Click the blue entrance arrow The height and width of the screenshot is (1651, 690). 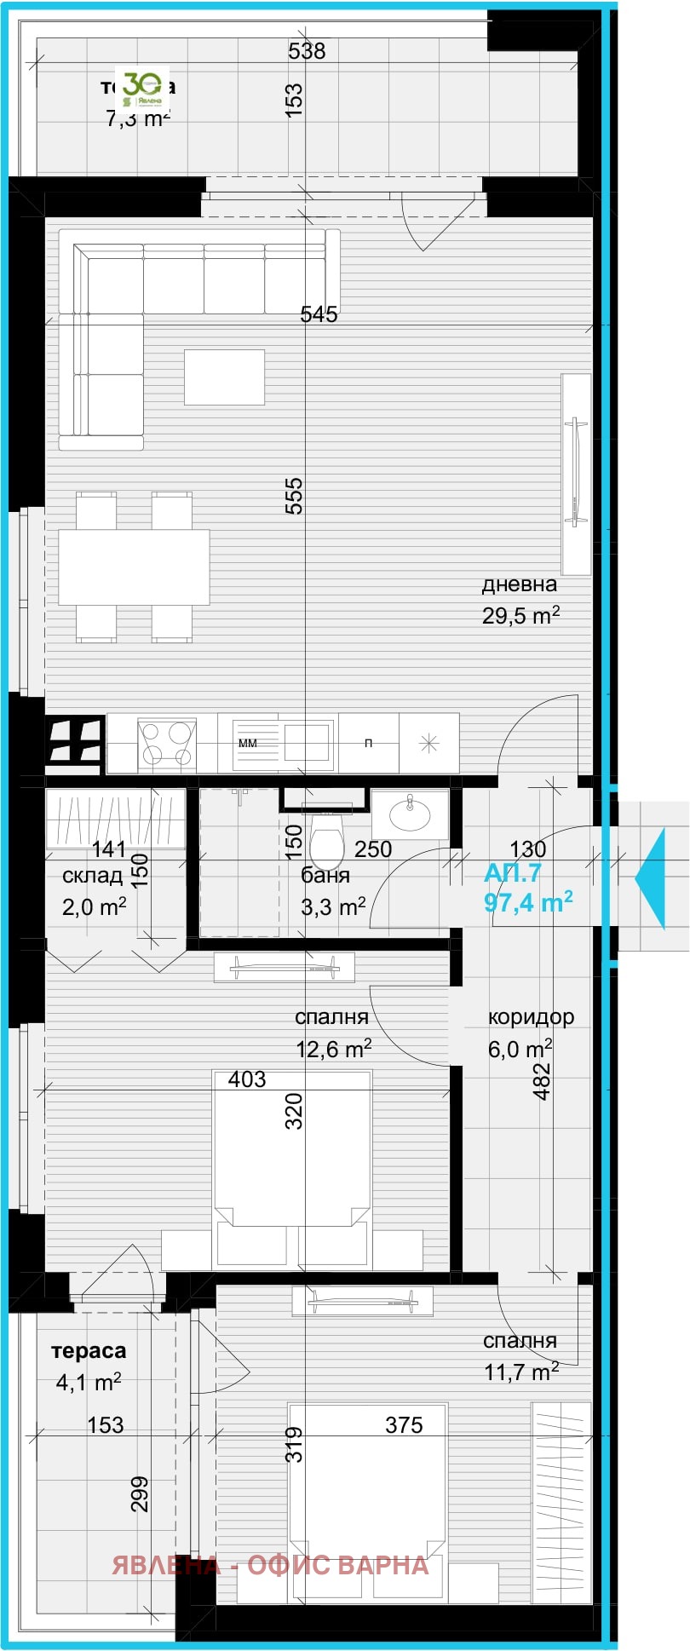click(651, 877)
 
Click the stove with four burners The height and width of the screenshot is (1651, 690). click(166, 743)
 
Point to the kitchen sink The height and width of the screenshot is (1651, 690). click(307, 740)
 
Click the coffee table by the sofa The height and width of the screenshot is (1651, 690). click(224, 377)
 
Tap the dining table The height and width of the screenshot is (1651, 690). click(134, 567)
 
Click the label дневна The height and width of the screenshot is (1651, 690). click(519, 584)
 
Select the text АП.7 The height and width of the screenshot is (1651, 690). click(512, 873)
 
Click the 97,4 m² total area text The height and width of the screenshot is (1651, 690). click(527, 902)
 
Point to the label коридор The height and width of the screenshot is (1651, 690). click(531, 1016)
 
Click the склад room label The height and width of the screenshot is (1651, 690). click(92, 876)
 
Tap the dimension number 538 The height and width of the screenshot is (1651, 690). click(307, 51)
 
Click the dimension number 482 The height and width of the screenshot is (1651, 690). click(542, 1081)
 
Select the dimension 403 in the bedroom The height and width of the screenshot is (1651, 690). click(247, 1079)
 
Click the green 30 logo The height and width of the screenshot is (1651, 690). click(142, 89)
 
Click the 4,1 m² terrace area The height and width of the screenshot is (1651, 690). click(88, 1382)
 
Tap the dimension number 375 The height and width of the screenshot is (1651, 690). click(404, 1424)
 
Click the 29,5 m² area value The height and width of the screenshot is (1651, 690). click(520, 616)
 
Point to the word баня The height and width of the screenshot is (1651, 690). click(325, 875)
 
